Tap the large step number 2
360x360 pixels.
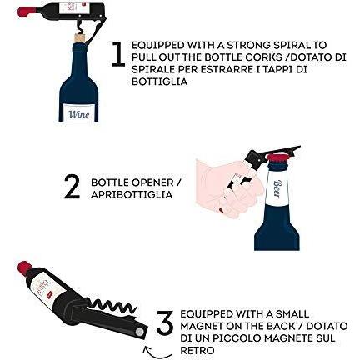pos(72,187)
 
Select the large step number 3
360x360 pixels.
pos(166,322)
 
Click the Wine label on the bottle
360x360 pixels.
pos(78,113)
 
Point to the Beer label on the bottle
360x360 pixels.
pos(277,188)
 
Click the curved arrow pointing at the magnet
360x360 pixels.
pos(157,352)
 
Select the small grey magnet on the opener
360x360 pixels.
pos(139,331)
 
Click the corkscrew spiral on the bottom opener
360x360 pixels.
pos(114,306)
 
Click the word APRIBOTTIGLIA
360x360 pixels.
pos(132,195)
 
